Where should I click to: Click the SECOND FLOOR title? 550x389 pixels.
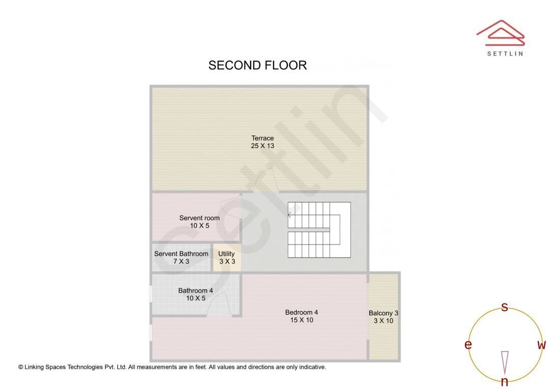pos(258,65)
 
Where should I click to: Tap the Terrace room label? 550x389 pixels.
pos(262,138)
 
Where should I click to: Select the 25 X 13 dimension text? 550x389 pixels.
pos(262,146)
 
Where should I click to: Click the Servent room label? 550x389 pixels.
pos(199,218)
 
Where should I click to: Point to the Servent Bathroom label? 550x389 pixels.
pos(181,254)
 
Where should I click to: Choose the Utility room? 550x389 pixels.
pos(227,258)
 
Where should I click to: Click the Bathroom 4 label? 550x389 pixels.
pos(196,290)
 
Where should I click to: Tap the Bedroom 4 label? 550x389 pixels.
pos(301,312)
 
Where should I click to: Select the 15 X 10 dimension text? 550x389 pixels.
pos(301,320)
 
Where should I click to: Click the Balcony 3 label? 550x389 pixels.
pos(383,313)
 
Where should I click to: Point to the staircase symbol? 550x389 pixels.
pos(319,230)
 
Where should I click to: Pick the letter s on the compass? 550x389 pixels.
pos(504,307)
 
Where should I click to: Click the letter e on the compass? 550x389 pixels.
pos(468,345)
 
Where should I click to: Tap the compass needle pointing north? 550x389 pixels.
pos(505,363)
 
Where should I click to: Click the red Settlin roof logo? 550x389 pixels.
pos(501,33)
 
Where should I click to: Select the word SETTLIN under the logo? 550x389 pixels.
pos(505,53)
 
